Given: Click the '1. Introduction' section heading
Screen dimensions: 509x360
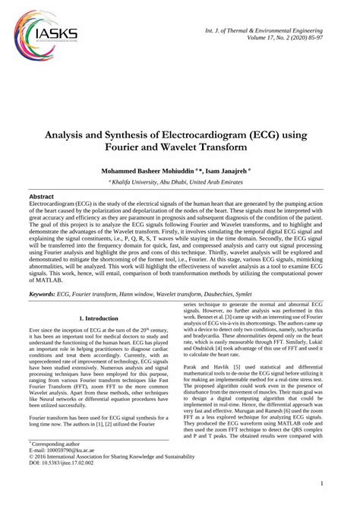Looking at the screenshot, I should point(102,318).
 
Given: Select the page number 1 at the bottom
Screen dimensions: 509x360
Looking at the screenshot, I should point(324,502).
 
